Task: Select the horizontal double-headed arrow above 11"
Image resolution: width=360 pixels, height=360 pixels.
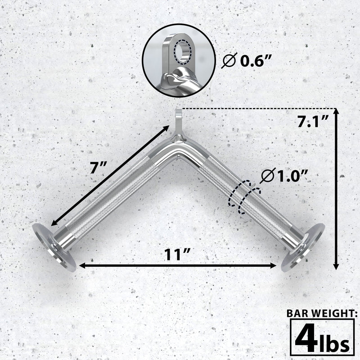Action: click(x=178, y=266)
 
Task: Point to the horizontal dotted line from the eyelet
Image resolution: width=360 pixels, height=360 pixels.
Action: click(x=256, y=108)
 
